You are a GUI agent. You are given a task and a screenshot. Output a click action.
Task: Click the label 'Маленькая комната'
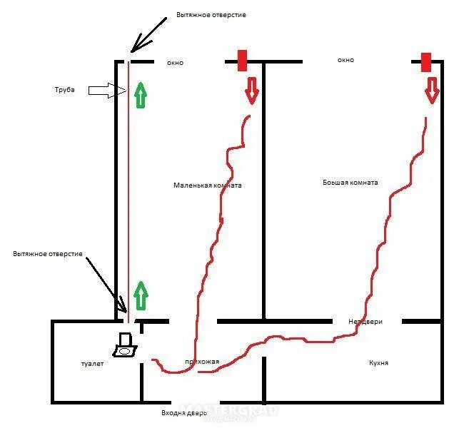pyautogui.click(x=207, y=185)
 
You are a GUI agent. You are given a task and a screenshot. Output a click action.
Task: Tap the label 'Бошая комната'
pyautogui.click(x=350, y=182)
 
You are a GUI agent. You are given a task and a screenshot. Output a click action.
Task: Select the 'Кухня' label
pyautogui.click(x=378, y=363)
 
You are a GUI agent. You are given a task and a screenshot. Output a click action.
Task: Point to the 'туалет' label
pyautogui.click(x=92, y=364)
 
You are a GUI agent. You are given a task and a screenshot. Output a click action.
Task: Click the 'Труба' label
pyautogui.click(x=65, y=90)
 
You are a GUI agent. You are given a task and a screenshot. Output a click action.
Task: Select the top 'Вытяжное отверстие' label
pyautogui.click(x=211, y=15)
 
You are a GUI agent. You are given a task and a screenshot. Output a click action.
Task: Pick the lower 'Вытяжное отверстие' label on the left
pyautogui.click(x=48, y=254)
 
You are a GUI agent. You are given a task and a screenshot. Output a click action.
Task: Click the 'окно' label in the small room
pyautogui.click(x=175, y=63)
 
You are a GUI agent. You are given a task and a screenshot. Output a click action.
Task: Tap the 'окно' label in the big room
pyautogui.click(x=345, y=61)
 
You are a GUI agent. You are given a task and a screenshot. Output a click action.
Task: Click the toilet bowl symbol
pyautogui.click(x=125, y=346)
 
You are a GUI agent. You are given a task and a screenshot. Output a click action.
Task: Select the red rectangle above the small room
pyautogui.click(x=242, y=61)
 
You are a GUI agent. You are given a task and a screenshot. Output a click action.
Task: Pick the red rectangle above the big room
pyautogui.click(x=426, y=62)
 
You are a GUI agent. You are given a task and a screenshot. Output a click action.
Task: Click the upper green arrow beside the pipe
pyautogui.click(x=141, y=95)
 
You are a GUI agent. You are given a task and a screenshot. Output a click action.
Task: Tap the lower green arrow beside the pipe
pyautogui.click(x=141, y=295)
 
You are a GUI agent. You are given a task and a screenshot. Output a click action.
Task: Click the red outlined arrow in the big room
pyautogui.click(x=431, y=90)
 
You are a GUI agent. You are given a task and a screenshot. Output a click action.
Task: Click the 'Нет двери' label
pyautogui.click(x=365, y=322)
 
